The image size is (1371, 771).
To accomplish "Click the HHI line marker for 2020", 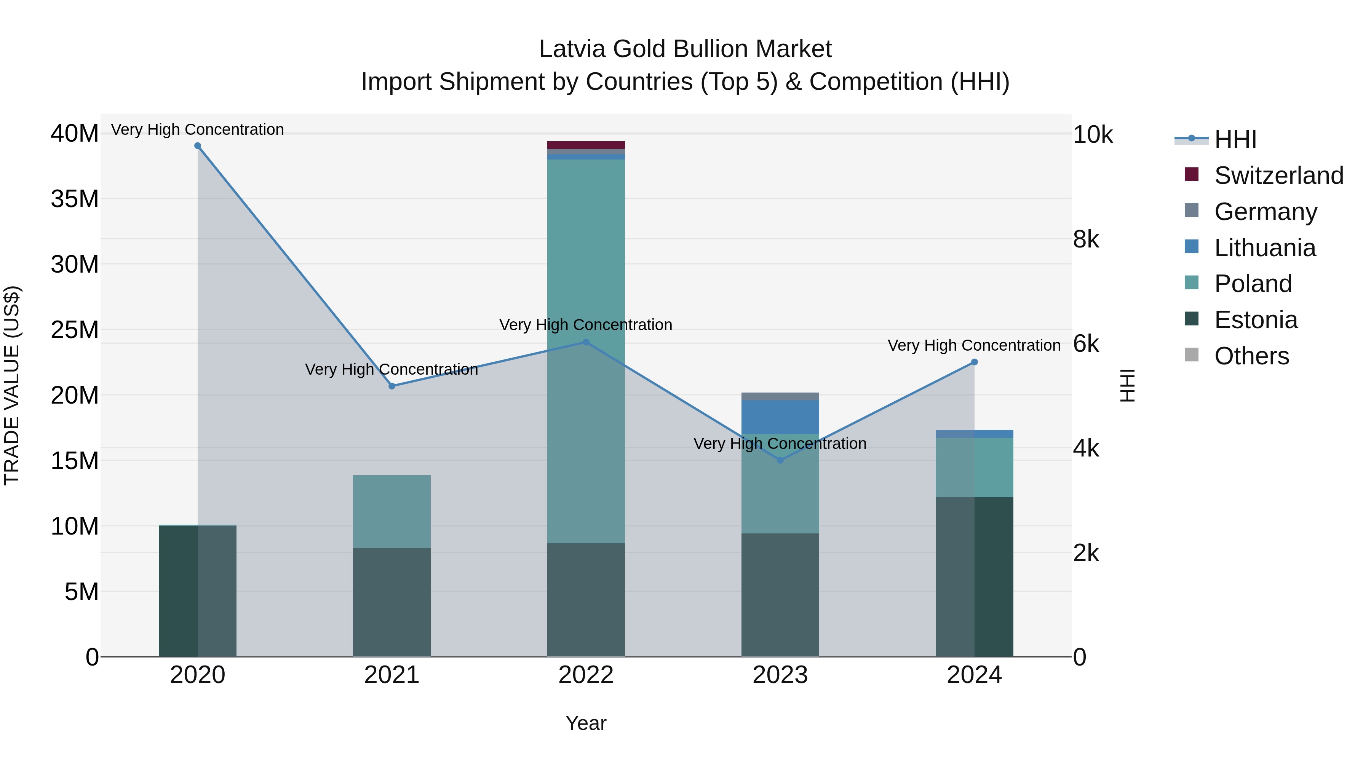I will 197,146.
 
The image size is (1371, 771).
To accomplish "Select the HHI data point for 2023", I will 780,460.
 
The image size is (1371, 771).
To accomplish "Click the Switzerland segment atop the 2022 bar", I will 586,145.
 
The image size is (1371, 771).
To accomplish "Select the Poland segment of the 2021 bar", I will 392,511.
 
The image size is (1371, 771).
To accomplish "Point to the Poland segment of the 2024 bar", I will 975,467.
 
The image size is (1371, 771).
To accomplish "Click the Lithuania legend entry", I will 1264,248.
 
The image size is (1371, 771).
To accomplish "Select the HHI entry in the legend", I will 1235,139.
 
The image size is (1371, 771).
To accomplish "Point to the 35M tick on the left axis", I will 75,199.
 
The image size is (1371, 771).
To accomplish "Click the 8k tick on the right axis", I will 1086,239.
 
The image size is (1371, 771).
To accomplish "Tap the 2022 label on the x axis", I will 586,675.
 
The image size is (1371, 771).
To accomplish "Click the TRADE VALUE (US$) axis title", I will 12,385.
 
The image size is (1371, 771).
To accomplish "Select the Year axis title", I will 586,723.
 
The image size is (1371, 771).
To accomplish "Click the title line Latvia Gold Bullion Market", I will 685,49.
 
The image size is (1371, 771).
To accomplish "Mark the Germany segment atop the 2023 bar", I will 780,396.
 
